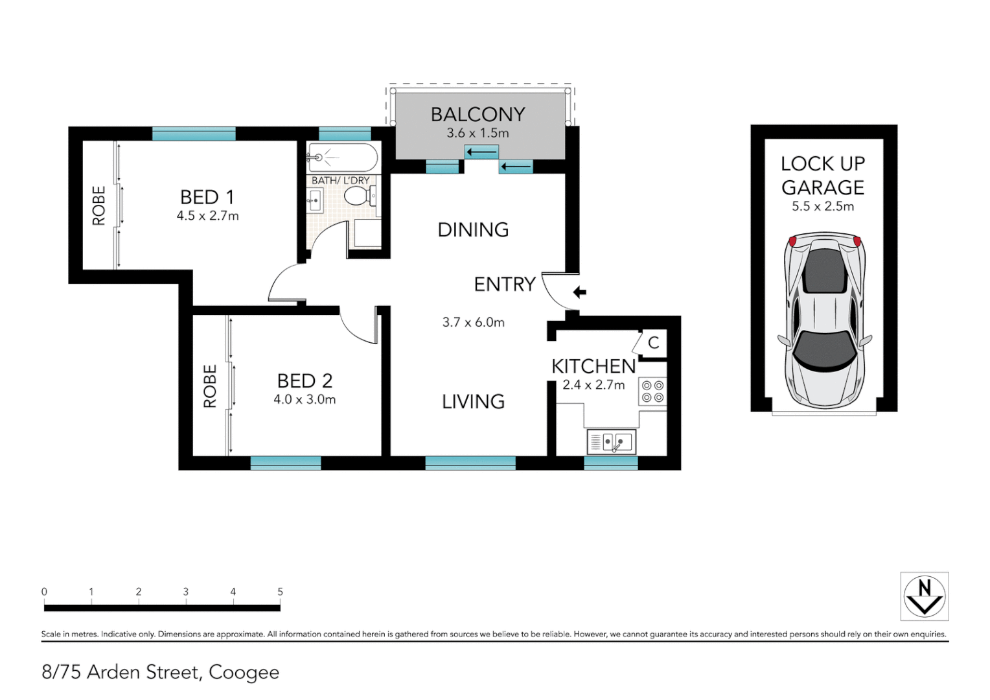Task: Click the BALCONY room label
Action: click(x=478, y=115)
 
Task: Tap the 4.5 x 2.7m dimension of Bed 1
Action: click(x=207, y=216)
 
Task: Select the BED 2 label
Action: click(x=305, y=380)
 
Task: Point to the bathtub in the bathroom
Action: click(x=342, y=157)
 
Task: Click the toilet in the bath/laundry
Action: click(x=359, y=195)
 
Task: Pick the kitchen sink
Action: click(x=611, y=443)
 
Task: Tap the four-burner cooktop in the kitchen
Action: click(x=652, y=391)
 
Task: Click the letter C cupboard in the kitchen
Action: click(x=653, y=342)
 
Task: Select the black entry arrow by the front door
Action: click(x=579, y=292)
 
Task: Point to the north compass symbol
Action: click(x=924, y=596)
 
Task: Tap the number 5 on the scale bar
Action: click(x=280, y=592)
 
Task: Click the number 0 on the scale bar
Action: click(x=44, y=592)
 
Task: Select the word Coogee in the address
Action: click(x=244, y=672)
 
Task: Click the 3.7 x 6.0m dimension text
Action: click(x=473, y=322)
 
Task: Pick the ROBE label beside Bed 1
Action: click(x=99, y=205)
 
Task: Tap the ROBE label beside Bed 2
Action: click(x=210, y=386)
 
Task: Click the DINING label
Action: click(x=473, y=229)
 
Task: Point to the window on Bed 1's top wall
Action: click(x=194, y=134)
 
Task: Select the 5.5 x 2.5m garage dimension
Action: click(x=823, y=206)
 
